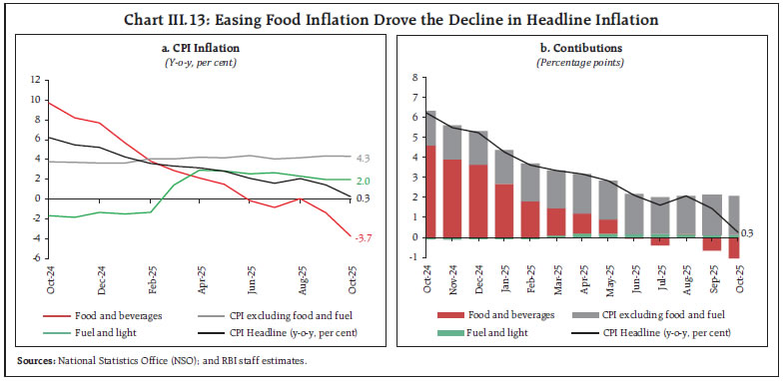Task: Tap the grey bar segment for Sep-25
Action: (x=711, y=215)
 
